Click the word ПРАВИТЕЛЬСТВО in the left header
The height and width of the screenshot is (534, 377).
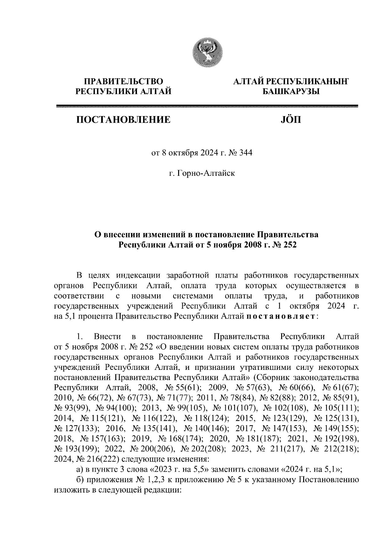(123, 82)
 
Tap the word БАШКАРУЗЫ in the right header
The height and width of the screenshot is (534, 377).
(291, 92)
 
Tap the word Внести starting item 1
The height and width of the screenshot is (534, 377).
(106, 337)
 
